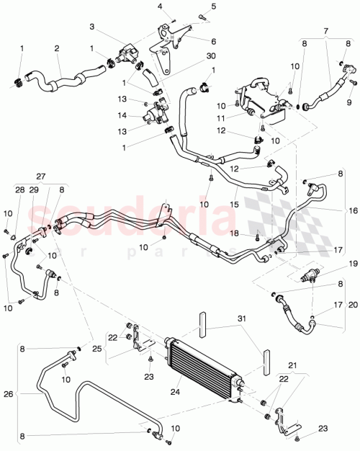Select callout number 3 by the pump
[x=92, y=27]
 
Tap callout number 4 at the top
[x=160, y=6]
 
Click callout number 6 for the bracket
[x=214, y=41]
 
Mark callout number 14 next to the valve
[x=123, y=115]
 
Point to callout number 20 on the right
[x=352, y=305]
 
